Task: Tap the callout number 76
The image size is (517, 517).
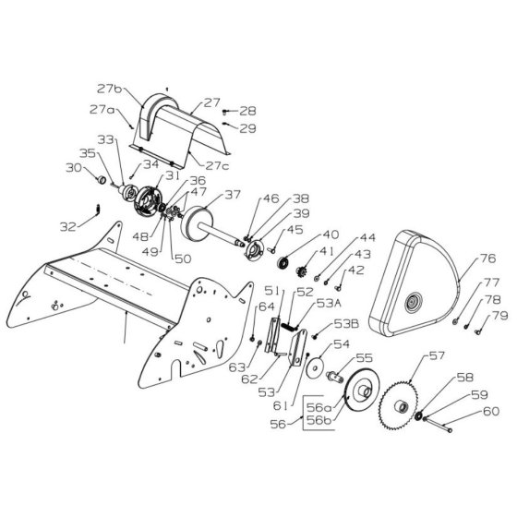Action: pos(487,258)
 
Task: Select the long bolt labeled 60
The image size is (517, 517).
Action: pos(438,425)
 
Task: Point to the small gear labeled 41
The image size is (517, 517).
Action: pos(302,272)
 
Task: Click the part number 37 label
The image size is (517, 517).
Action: pos(233,195)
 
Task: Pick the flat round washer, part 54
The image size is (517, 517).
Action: pos(315,369)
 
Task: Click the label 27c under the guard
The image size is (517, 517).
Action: pos(217,165)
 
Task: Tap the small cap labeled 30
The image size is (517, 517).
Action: pos(102,180)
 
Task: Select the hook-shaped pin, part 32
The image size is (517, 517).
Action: pos(98,209)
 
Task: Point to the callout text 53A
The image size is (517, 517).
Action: pos(329,303)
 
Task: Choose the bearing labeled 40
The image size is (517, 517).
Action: pos(283,263)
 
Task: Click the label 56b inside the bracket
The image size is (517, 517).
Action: pos(319,420)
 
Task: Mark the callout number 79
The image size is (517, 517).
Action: pos(500,316)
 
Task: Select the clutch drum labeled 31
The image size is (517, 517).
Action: pos(147,201)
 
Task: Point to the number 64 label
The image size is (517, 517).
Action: pos(267,307)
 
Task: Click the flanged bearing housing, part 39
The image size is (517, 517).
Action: pos(254,251)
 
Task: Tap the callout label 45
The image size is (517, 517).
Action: pos(295,230)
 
